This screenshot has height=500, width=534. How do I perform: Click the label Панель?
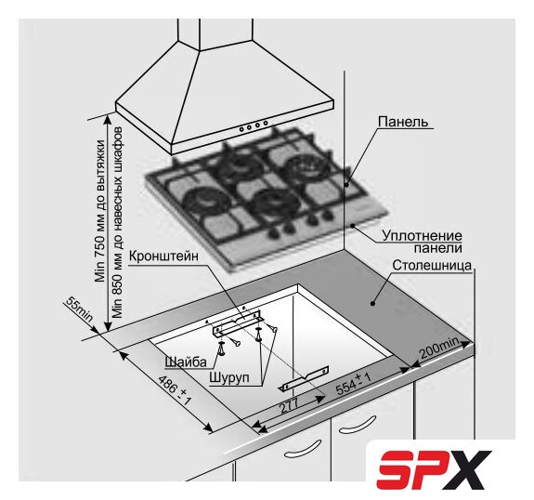point(403,122)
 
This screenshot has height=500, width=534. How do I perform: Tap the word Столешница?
point(432,265)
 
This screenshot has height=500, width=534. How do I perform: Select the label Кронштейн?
point(163,256)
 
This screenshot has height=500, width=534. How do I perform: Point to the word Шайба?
point(186,362)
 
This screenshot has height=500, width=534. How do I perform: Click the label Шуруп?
point(229,377)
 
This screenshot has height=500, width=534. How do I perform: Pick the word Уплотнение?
point(422,235)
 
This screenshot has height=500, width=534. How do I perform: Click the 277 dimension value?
point(289,405)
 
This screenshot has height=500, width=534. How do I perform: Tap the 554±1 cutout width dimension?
point(353,384)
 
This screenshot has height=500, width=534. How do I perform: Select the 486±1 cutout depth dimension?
point(175,390)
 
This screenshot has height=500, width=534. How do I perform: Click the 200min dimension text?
point(439,348)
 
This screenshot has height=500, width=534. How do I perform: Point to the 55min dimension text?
point(79,309)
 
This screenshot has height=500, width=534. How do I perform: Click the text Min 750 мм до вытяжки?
point(100,211)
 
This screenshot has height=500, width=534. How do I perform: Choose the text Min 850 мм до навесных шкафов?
point(117,223)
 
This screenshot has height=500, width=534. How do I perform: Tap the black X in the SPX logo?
point(470,469)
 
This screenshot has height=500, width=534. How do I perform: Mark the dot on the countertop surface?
point(373,303)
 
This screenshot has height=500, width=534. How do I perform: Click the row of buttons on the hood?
point(254,125)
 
